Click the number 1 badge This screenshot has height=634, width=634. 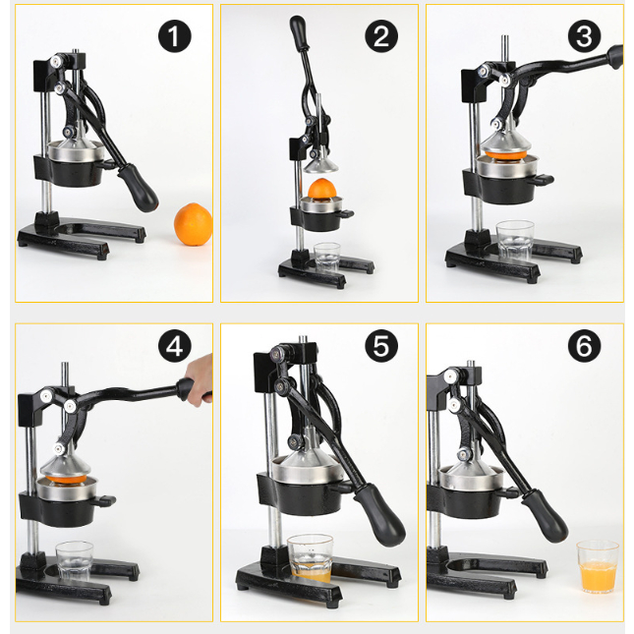pyautogui.click(x=175, y=36)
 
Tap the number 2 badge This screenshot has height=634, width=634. pyautogui.click(x=381, y=36)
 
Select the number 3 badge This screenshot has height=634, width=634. pyautogui.click(x=584, y=36)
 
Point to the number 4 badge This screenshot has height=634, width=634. pyautogui.click(x=175, y=346)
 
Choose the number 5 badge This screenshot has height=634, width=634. pyautogui.click(x=381, y=346)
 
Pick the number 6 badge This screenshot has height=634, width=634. pyautogui.click(x=584, y=346)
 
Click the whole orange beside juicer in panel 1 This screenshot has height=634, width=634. pyautogui.click(x=194, y=224)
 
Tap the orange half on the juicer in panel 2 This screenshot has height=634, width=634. pyautogui.click(x=322, y=189)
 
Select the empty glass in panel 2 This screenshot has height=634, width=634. pyautogui.click(x=327, y=258)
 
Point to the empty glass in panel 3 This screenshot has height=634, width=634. pyautogui.click(x=515, y=241)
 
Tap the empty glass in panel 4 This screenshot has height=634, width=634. pyautogui.click(x=75, y=561)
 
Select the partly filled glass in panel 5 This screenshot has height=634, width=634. pyautogui.click(x=311, y=558)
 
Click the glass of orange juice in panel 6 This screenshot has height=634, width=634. pyautogui.click(x=598, y=566)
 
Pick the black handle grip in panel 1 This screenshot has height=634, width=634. pyautogui.click(x=138, y=188)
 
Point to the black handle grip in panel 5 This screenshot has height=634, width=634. pyautogui.click(x=380, y=514)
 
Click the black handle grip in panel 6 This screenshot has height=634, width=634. pyautogui.click(x=546, y=516)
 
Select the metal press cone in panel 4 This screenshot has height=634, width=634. pyautogui.click(x=66, y=465)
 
